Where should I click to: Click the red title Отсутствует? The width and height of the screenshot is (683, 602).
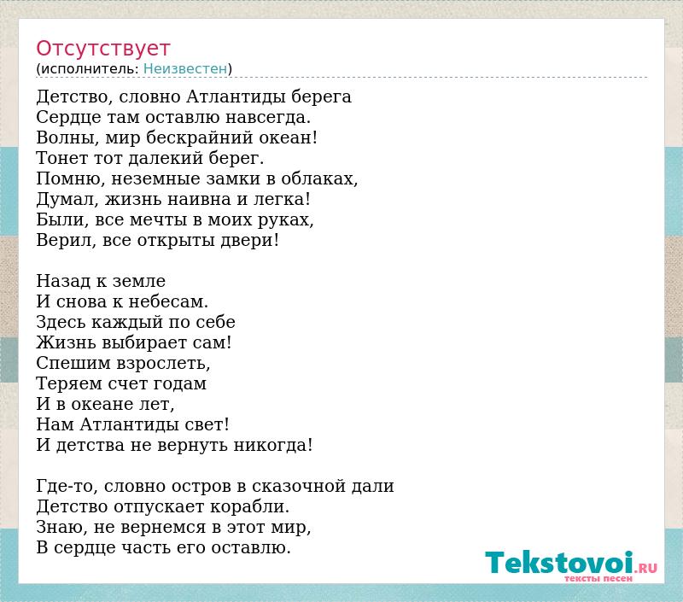pos(102,49)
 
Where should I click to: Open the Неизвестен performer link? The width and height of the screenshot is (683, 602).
pos(185,69)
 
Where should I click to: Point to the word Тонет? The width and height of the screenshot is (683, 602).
pos(60,158)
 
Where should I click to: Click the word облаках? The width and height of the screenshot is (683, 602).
pos(319,179)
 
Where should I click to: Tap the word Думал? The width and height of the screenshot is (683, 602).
pos(67,200)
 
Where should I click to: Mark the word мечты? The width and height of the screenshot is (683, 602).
pos(159,220)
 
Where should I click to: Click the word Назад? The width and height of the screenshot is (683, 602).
pos(63,282)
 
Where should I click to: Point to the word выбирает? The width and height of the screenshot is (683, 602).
pos(143,343)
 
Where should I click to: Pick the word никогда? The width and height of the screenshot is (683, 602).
pos(273,446)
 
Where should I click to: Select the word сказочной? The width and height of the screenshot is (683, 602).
pos(298,487)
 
